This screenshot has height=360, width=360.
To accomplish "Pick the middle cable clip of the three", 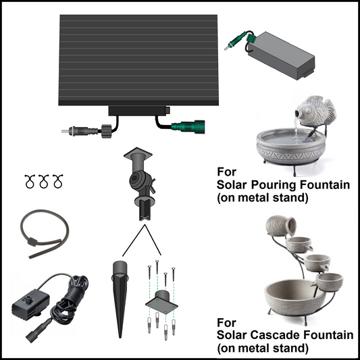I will coord(44,181).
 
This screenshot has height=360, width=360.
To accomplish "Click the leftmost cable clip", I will coord(30,181).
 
